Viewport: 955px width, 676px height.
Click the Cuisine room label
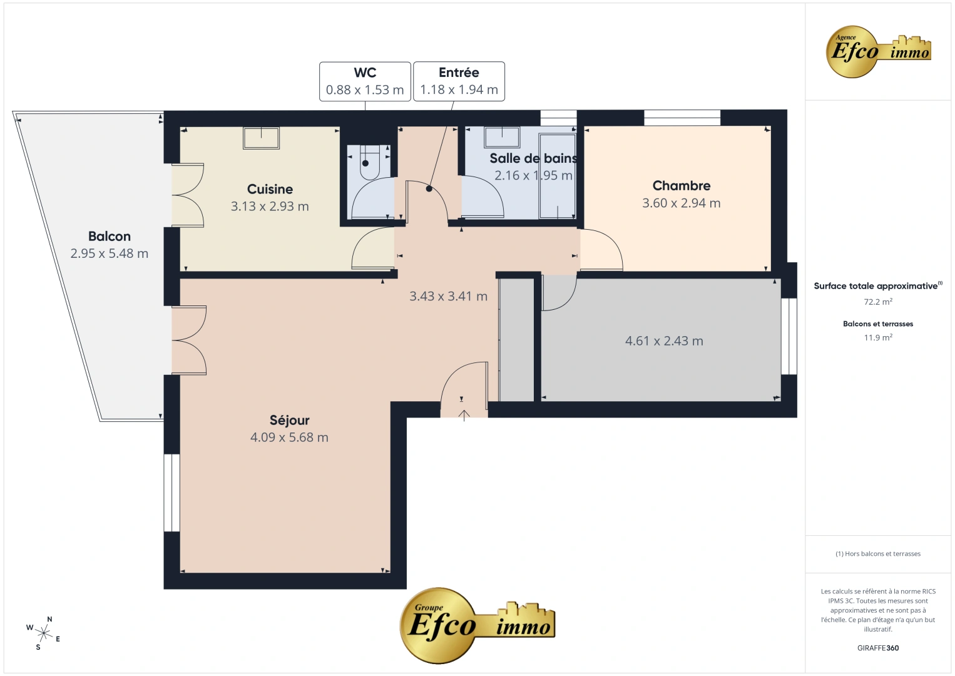270,189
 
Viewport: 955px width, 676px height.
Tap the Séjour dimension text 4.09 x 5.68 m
289,437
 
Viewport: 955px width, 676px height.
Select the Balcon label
109,236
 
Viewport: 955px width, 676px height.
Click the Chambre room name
682,185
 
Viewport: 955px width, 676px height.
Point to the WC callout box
365,81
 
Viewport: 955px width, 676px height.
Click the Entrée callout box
459,81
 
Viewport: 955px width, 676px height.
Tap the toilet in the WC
370,162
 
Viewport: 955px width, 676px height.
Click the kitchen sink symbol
262,138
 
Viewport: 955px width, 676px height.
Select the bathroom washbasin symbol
502,136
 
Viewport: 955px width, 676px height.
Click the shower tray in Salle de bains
557,176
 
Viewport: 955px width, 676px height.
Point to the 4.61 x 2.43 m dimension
664,341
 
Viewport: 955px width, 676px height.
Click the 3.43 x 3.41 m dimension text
448,296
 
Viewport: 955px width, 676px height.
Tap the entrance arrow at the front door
464,415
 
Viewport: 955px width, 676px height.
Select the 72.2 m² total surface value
878,302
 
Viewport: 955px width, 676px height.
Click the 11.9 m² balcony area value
878,337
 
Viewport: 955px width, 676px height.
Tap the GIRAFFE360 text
878,648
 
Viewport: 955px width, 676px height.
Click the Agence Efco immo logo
878,51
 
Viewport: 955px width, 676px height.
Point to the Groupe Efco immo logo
477,625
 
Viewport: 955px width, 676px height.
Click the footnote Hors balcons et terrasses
878,553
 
